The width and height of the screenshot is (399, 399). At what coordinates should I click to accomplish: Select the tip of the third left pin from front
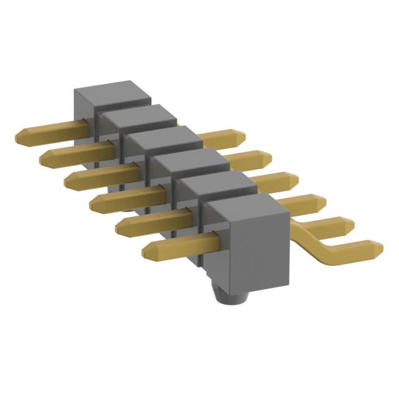(94, 202)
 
